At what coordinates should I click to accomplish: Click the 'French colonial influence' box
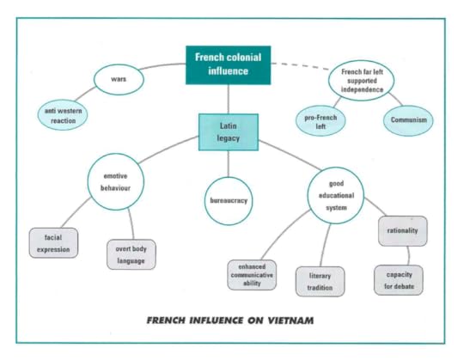click(x=229, y=65)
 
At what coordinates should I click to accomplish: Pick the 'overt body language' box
click(x=131, y=254)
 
